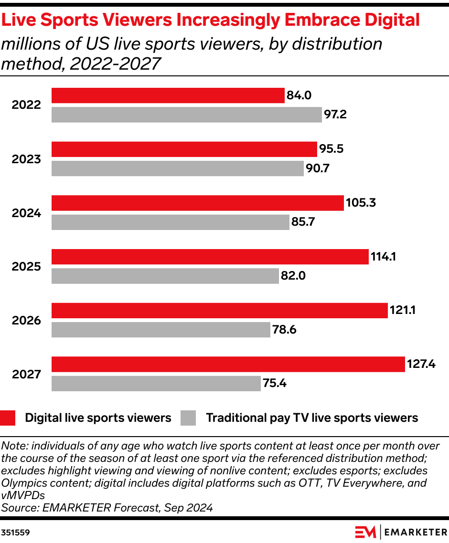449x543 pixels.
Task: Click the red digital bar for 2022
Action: (168, 95)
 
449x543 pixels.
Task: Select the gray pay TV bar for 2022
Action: (186, 115)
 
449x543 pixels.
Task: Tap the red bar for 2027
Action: (228, 364)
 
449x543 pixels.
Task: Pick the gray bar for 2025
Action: (165, 276)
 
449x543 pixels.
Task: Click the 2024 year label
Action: (27, 213)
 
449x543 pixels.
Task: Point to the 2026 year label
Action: (27, 320)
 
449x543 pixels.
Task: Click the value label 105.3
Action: (361, 203)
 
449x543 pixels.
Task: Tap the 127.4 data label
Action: (421, 364)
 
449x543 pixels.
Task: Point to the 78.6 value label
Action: (285, 330)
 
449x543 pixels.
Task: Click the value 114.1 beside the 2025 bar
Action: (384, 257)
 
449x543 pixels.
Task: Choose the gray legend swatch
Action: (188, 418)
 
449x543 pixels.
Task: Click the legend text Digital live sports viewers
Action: (98, 418)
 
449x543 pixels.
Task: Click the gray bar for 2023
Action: (177, 168)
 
